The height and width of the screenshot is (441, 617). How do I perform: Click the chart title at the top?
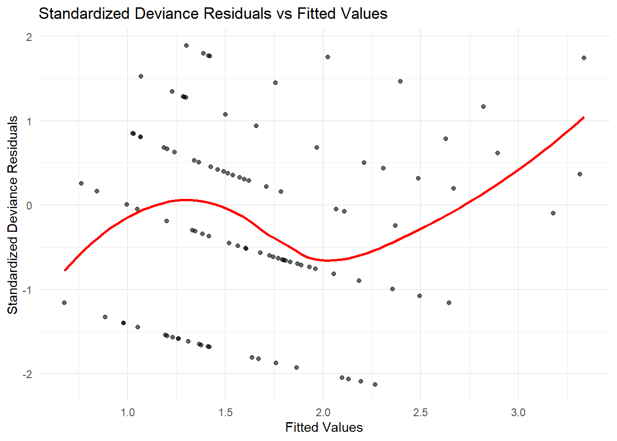click(x=213, y=13)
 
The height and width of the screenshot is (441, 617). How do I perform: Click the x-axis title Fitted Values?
click(x=324, y=427)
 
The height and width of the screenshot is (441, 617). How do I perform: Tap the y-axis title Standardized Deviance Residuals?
click(x=13, y=215)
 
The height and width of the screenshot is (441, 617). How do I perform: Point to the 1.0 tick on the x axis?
click(x=127, y=413)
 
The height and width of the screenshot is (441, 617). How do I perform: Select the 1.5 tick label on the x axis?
click(x=225, y=413)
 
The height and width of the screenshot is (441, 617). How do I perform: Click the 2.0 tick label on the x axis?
click(x=323, y=413)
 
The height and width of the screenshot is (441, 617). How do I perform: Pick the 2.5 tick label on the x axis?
click(x=421, y=413)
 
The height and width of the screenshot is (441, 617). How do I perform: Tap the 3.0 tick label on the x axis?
click(x=518, y=413)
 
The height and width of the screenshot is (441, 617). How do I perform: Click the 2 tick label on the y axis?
click(x=29, y=37)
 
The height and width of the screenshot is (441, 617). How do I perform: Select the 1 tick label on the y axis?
click(x=29, y=121)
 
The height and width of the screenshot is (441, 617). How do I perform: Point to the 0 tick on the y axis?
click(x=29, y=205)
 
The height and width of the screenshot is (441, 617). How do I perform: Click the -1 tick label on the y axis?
click(x=27, y=290)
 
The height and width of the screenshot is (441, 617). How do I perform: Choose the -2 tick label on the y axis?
click(x=27, y=374)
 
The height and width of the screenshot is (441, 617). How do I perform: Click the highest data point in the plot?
click(x=186, y=45)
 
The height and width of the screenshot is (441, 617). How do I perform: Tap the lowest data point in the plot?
click(x=375, y=384)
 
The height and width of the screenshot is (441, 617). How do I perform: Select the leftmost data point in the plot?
click(x=64, y=303)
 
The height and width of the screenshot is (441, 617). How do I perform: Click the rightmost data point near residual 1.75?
click(x=584, y=58)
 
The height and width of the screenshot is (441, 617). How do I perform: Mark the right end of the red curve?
click(x=583, y=117)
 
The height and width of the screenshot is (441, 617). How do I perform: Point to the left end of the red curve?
click(x=65, y=270)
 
